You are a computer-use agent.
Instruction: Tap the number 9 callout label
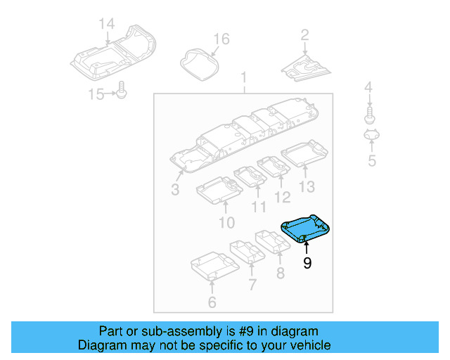[x=307, y=264]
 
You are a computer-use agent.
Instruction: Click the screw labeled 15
[x=123, y=91]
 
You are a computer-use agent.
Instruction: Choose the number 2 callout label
[x=304, y=34]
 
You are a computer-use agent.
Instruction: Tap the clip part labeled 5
[x=371, y=136]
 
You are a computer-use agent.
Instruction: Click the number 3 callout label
[x=175, y=190]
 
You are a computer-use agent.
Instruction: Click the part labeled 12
[x=275, y=167]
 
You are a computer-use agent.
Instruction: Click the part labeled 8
[x=272, y=240]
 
